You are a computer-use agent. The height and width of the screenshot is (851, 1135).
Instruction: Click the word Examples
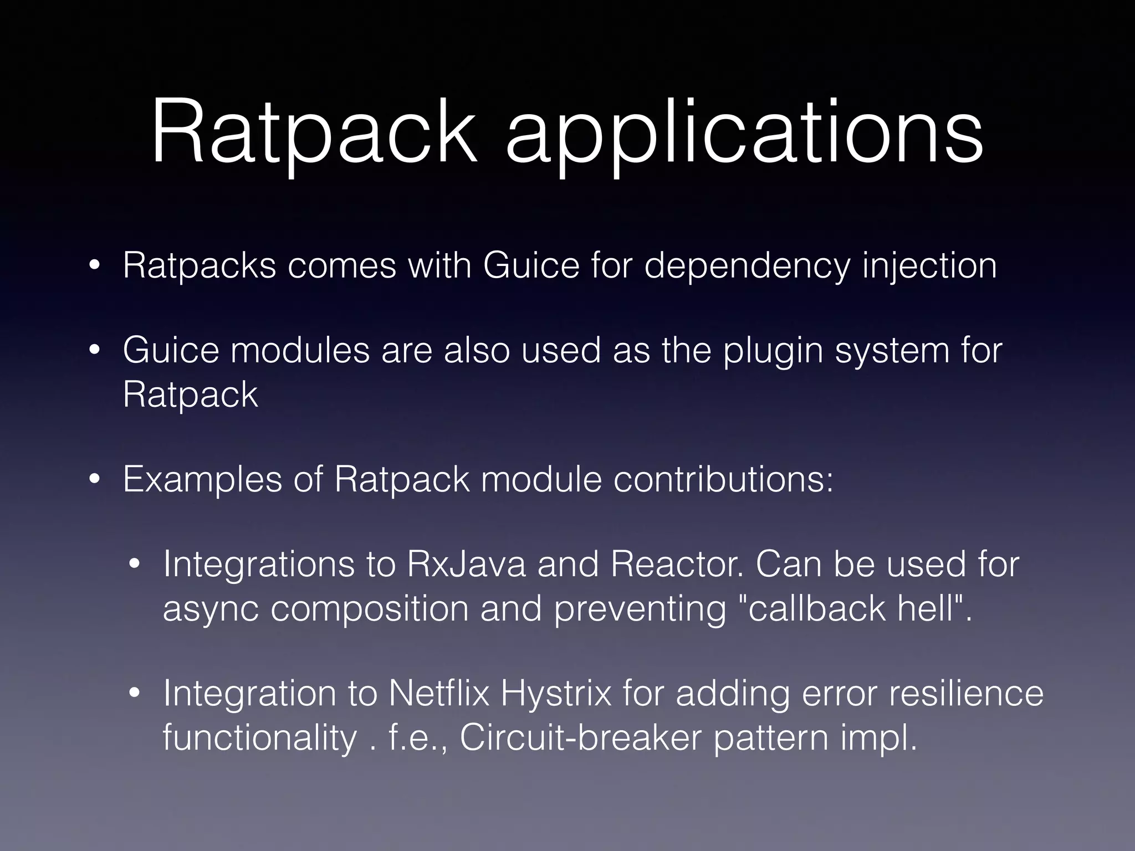click(202, 480)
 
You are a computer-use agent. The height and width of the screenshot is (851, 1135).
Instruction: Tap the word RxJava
click(466, 565)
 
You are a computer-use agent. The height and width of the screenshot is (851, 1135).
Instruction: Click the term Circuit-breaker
click(580, 738)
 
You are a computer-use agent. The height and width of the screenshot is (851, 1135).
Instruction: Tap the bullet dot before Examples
click(95, 480)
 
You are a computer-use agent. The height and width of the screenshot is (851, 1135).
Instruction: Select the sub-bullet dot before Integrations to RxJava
click(135, 566)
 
